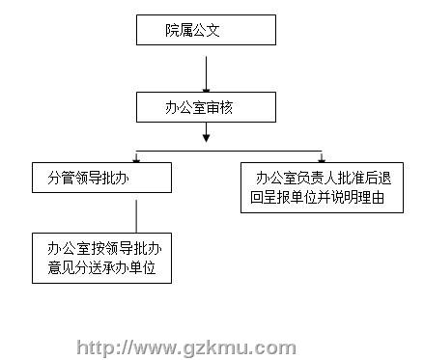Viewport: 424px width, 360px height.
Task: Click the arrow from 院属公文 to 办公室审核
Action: tap(206, 74)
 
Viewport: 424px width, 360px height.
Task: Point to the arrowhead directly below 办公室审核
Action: tap(207, 137)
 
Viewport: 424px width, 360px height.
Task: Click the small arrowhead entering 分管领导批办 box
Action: tap(136, 159)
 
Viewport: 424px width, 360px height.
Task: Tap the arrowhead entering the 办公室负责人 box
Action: tap(322, 159)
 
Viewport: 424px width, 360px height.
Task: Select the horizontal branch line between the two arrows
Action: tap(229, 151)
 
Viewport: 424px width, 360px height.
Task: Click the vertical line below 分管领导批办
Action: tap(136, 216)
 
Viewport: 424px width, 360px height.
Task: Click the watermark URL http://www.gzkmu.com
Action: tap(186, 347)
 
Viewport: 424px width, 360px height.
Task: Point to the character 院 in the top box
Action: tap(172, 30)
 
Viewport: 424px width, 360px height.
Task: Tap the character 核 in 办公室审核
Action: tap(226, 107)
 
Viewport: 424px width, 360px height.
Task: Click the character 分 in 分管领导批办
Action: tap(54, 178)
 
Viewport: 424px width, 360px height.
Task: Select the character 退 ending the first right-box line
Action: tap(384, 178)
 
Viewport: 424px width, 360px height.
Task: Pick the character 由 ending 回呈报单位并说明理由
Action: tap(378, 197)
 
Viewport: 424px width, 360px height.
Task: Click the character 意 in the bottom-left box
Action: tap(54, 267)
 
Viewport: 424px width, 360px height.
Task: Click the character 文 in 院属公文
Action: tap(212, 30)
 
